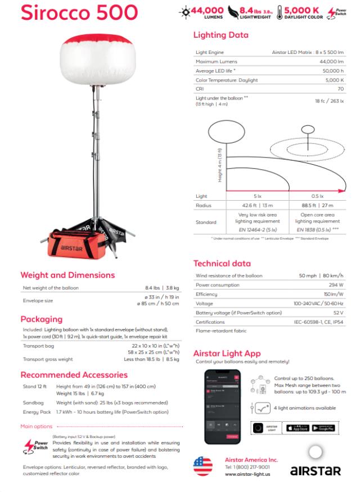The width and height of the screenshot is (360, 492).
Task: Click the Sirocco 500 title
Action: point(79,12)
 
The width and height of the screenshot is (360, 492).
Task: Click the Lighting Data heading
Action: point(220,35)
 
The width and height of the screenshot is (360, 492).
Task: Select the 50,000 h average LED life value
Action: point(333,71)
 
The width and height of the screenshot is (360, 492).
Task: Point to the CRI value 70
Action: point(340,89)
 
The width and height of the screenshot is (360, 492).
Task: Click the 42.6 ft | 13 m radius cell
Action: point(258,205)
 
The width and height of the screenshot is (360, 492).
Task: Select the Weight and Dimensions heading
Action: point(67,275)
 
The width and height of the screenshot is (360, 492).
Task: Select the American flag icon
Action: point(203,466)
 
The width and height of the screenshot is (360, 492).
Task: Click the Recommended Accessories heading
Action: point(74,374)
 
